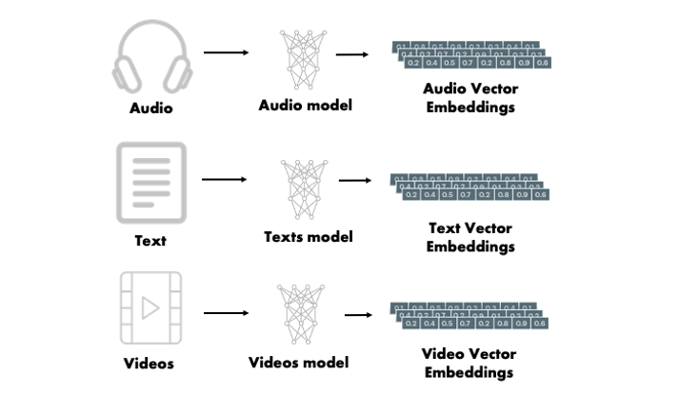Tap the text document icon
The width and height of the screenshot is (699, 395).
(x=150, y=183)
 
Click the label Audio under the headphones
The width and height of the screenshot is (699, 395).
(x=151, y=109)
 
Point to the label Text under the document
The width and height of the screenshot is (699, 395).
(x=150, y=241)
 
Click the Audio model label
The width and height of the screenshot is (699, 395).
(x=305, y=105)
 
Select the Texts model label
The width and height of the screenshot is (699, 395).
(x=308, y=236)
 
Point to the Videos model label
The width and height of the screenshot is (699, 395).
(x=298, y=363)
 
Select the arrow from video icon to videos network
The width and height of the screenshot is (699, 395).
(x=226, y=311)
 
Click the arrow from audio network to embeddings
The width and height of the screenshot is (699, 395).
(x=352, y=54)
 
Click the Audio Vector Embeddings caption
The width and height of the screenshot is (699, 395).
(x=469, y=98)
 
